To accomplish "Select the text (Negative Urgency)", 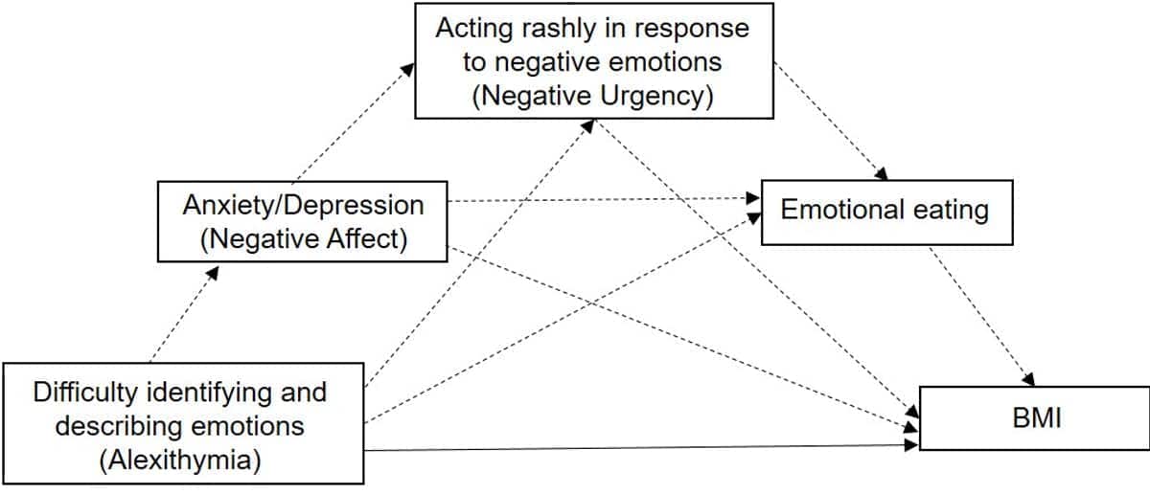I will click(594, 96).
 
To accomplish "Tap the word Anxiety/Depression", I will click(303, 204).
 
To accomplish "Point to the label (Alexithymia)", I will click(180, 460).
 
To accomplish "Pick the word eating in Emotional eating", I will click(945, 210).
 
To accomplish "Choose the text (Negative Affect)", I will click(303, 239).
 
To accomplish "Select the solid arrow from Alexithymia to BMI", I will click(632, 447).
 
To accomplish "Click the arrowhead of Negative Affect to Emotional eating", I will click(754, 199).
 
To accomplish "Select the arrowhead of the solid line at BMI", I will click(911, 445).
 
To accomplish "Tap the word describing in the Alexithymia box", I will click(104, 425).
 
